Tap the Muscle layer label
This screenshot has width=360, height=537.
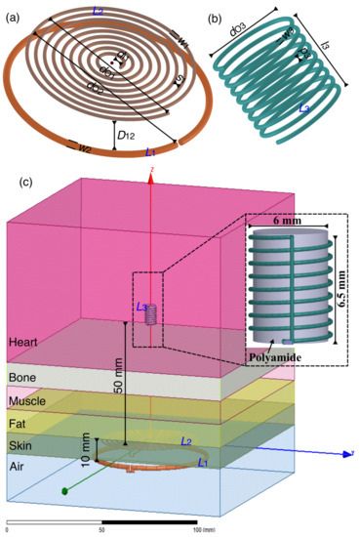pos(25,401)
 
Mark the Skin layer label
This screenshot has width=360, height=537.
pos(20,446)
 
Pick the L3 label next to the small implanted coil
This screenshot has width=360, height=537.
pos(142,308)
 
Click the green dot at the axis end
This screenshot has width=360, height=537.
pos(66,489)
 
